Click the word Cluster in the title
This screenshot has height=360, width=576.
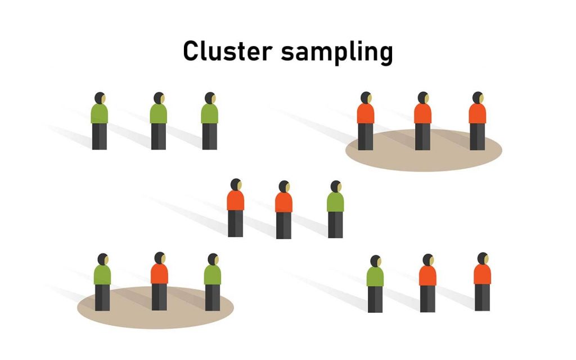(x=228, y=52)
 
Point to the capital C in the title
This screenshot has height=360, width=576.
(x=191, y=52)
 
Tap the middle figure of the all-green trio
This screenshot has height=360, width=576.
(x=158, y=121)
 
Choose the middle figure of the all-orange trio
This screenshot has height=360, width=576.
(x=422, y=121)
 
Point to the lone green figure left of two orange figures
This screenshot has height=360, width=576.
(x=375, y=283)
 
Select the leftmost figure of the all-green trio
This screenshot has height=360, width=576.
(x=100, y=121)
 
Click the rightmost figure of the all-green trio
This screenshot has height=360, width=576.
(x=209, y=121)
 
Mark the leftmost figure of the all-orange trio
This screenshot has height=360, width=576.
(x=365, y=121)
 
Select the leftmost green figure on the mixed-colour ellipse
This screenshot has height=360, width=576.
(x=102, y=281)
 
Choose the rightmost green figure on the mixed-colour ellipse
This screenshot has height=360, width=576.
(x=212, y=281)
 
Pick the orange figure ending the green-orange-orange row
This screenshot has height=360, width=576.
(x=482, y=281)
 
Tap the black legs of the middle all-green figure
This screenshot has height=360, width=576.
(x=158, y=136)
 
